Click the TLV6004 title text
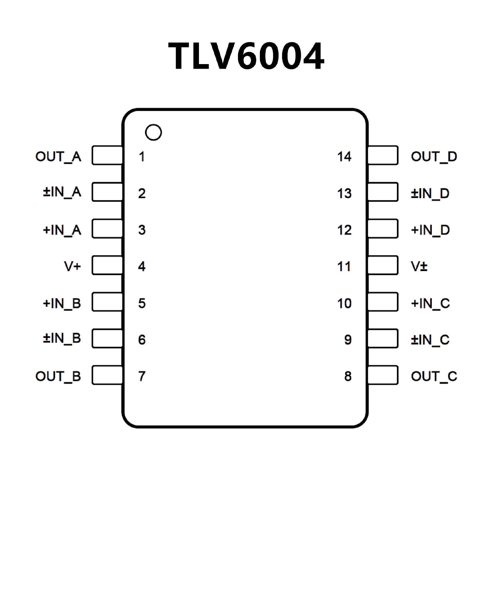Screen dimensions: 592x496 [246, 56]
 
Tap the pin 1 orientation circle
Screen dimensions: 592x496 [153, 132]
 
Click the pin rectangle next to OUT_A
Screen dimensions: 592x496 [107, 155]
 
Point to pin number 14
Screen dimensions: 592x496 [344, 157]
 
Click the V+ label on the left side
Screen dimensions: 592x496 [72, 266]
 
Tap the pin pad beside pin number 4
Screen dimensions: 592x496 [107, 265]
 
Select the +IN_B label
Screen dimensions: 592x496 [62, 303]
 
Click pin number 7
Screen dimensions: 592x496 [142, 376]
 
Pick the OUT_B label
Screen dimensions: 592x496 [58, 376]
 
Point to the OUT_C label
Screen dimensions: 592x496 [434, 376]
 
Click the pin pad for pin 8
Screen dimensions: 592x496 [383, 375]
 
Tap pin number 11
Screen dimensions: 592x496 [344, 266]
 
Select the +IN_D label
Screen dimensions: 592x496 [430, 230]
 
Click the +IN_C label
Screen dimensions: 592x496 [430, 303]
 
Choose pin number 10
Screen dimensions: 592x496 [344, 303]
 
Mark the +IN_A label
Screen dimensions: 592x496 [62, 230]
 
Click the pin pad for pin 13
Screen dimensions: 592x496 [383, 192]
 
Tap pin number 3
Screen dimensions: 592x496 [142, 230]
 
